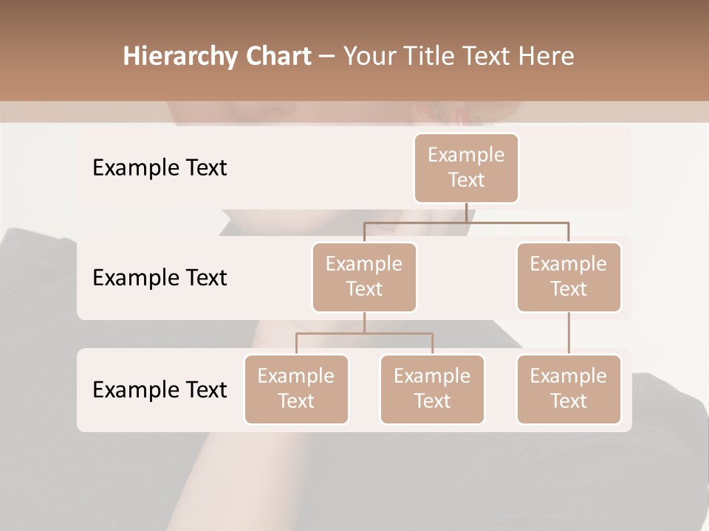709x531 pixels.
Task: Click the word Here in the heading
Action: tap(547, 57)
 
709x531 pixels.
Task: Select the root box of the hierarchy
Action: tap(466, 168)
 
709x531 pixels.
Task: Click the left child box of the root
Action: tap(364, 277)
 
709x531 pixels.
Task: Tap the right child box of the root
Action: tap(569, 277)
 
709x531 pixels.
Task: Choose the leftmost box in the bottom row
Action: tap(296, 389)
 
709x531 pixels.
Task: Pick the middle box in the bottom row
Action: tap(432, 389)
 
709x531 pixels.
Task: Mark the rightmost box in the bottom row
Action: tap(569, 389)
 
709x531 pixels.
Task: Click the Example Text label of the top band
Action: tap(160, 168)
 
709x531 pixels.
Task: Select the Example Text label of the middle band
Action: tap(160, 278)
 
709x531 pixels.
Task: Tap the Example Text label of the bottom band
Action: tap(160, 389)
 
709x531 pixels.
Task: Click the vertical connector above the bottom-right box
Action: tap(569, 333)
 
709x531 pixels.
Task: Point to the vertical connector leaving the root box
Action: tap(466, 212)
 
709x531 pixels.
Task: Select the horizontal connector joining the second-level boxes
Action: tap(466, 222)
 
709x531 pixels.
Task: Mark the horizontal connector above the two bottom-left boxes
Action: tap(364, 333)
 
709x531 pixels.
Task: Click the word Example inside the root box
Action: tap(466, 155)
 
